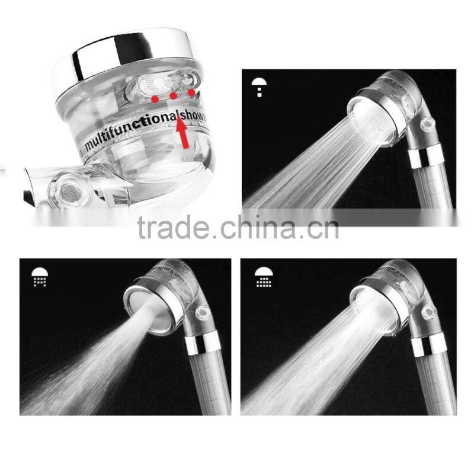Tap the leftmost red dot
tap(155, 97)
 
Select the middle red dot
tap(173, 95)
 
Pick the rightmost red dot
tap(191, 92)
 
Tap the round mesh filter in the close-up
tap(64, 190)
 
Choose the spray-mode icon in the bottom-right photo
tap(264, 277)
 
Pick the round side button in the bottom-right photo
tap(428, 310)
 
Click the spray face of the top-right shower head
tap(370, 121)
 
